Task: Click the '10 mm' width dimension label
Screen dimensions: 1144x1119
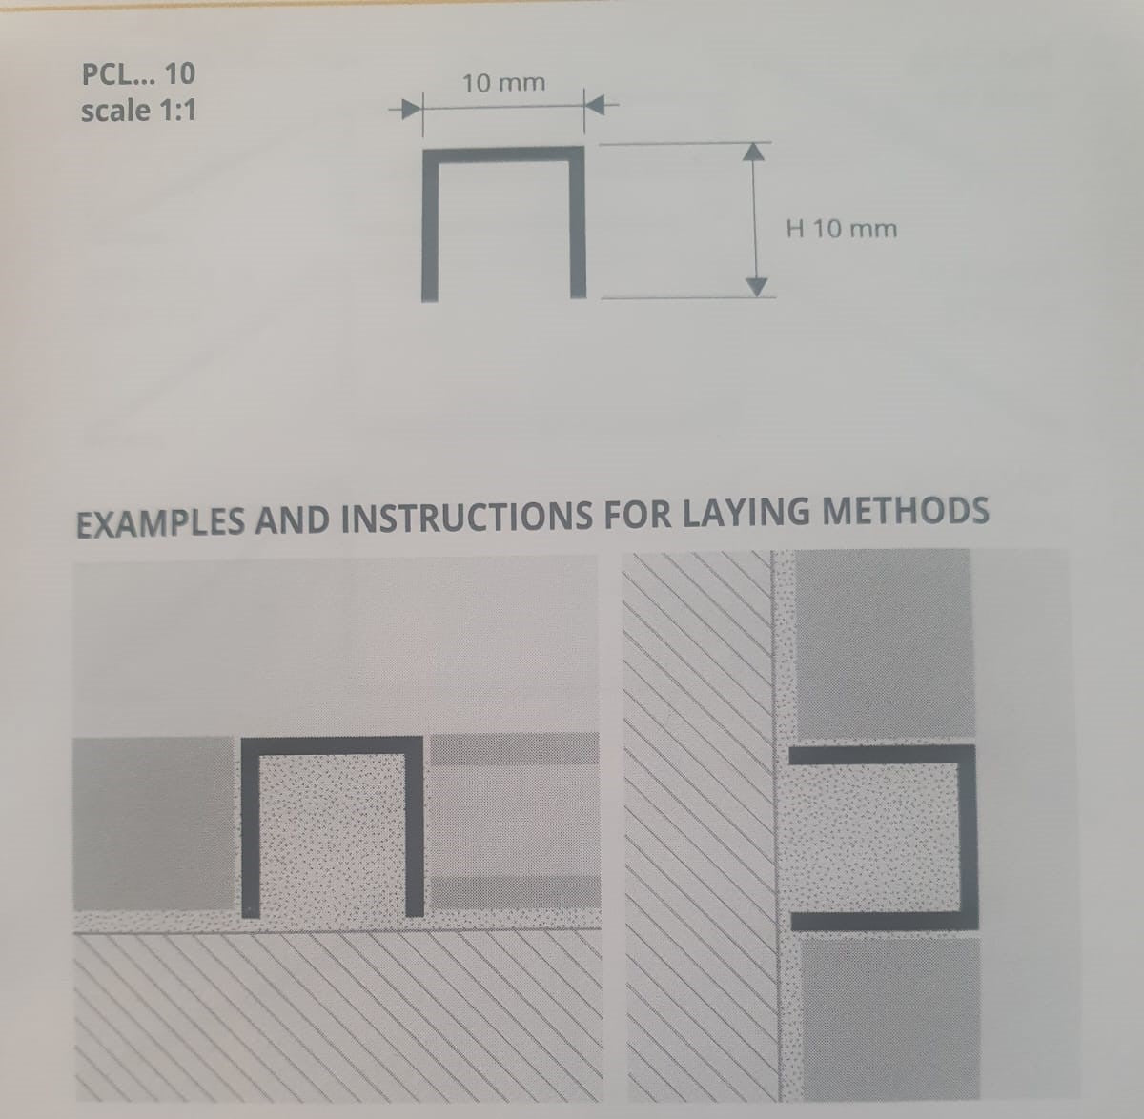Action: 503,83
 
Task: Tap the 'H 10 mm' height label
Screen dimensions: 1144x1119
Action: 842,229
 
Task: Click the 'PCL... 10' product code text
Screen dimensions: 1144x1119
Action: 139,74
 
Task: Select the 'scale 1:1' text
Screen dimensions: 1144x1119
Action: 139,111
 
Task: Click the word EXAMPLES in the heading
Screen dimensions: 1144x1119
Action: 160,522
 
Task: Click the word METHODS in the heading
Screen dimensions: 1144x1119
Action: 906,510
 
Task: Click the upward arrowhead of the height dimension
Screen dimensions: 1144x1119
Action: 754,152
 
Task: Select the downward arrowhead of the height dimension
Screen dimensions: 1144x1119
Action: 757,288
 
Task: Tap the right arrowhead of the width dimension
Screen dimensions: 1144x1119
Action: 596,107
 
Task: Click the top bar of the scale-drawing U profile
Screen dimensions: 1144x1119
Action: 503,154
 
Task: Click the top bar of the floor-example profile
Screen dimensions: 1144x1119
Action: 332,745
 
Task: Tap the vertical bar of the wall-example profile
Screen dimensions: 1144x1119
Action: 969,837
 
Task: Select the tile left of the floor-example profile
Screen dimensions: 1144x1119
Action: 153,824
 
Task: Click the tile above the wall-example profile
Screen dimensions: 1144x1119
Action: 884,644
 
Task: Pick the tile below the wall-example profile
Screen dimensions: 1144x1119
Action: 890,1015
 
